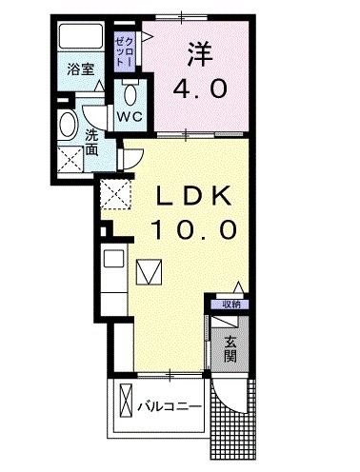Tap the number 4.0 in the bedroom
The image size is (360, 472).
point(200,89)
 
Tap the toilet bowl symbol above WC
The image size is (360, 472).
point(131,94)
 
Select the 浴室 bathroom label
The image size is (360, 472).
point(80,69)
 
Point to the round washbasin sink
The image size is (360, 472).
point(69,126)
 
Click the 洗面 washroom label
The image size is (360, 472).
point(91,142)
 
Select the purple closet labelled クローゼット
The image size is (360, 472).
point(124,49)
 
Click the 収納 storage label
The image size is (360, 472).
point(230,305)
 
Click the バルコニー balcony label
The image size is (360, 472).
point(169,406)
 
